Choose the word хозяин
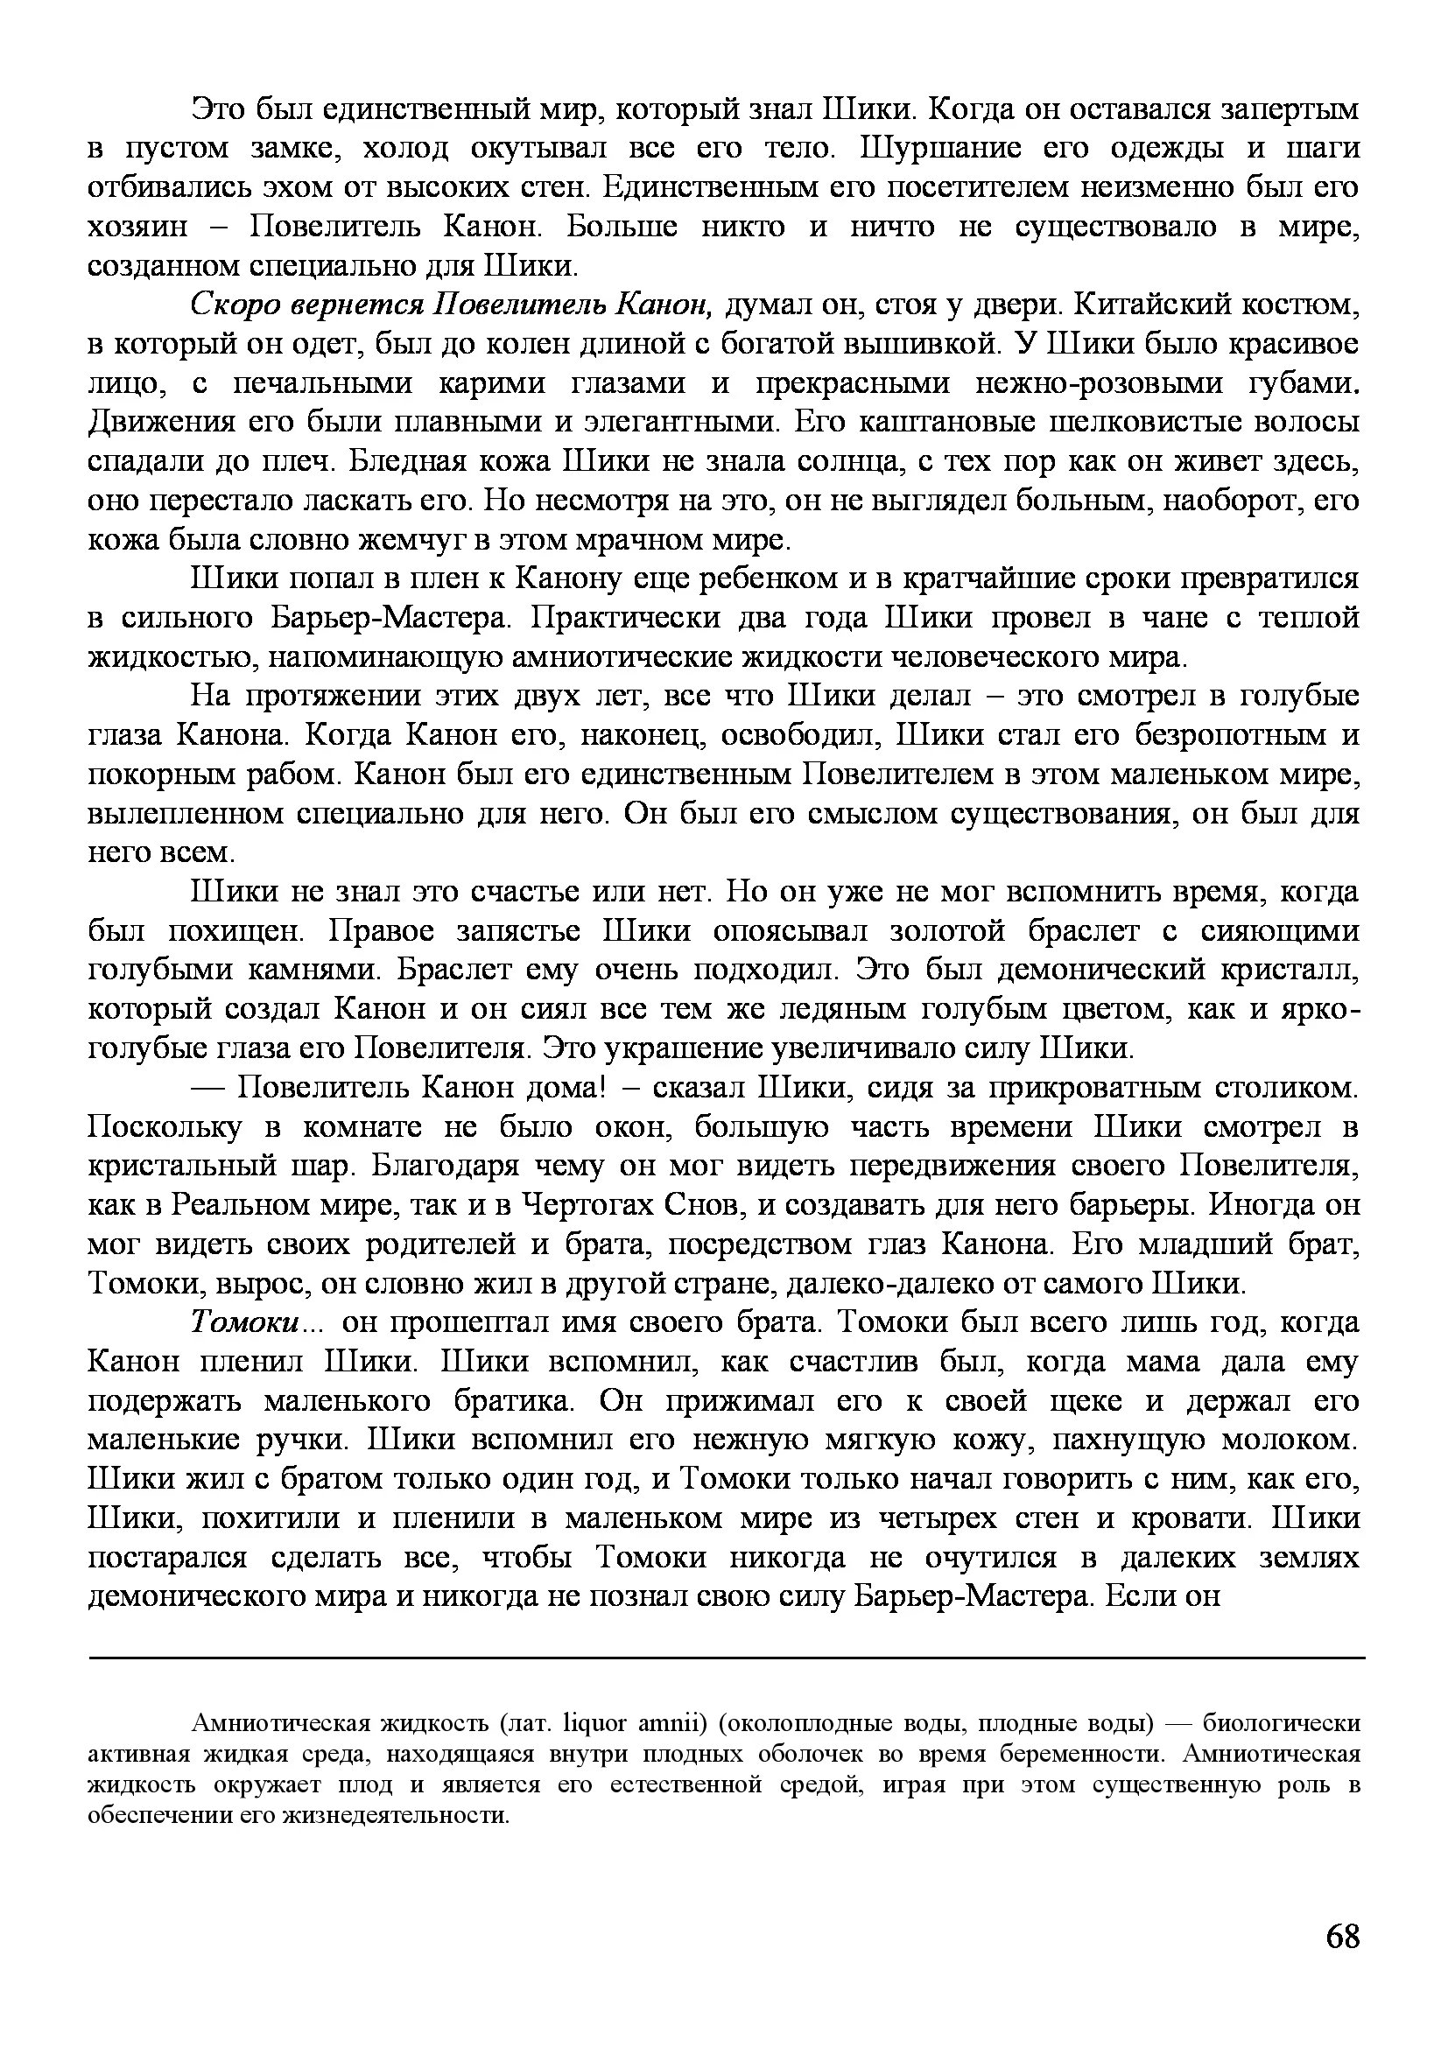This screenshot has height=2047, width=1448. click(x=138, y=227)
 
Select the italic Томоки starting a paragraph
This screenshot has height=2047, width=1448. click(x=245, y=1322)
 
